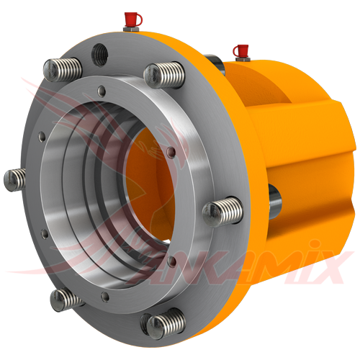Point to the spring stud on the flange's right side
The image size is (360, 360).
point(217,210)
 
